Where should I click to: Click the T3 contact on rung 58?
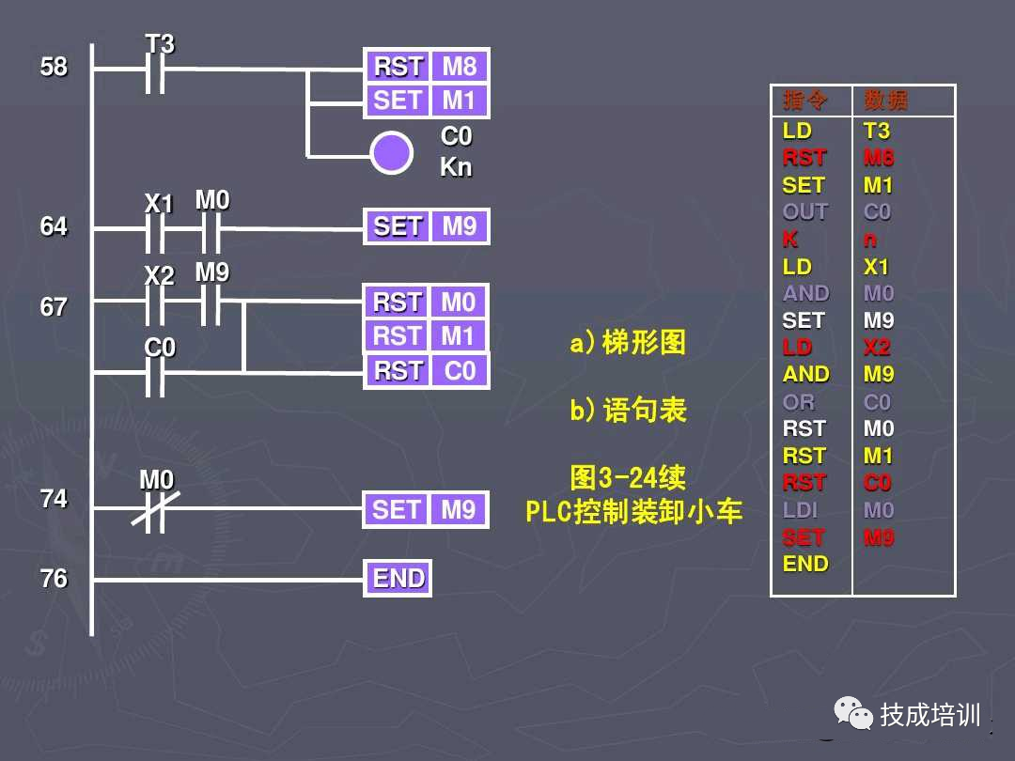[156, 69]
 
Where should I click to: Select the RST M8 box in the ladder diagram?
[426, 67]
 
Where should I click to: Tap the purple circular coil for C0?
[391, 152]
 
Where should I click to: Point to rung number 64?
[54, 226]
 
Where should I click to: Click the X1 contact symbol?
[156, 227]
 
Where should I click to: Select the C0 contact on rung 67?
[156, 373]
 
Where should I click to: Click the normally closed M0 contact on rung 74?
[156, 509]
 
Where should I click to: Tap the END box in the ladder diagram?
[398, 579]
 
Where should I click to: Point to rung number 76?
[54, 579]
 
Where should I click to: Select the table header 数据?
[885, 101]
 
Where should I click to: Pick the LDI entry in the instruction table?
[800, 510]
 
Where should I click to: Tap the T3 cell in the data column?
[877, 132]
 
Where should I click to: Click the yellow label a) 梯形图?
[628, 343]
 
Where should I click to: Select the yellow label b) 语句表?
[628, 411]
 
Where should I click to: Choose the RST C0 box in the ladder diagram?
[426, 371]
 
